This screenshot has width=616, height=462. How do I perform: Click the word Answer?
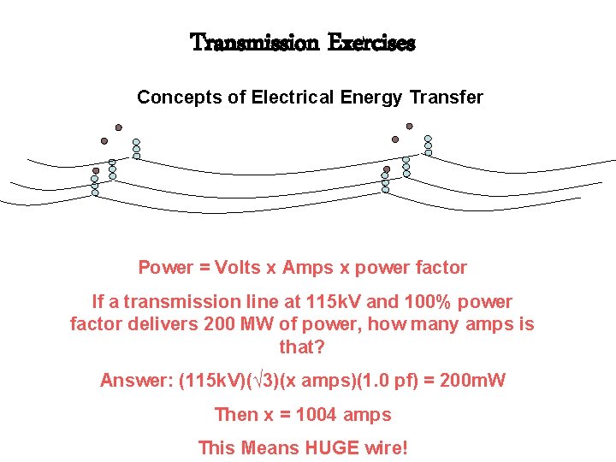pyautogui.click(x=134, y=381)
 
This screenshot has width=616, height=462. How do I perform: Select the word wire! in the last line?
pyautogui.click(x=384, y=447)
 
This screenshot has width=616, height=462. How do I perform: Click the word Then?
pyautogui.click(x=234, y=415)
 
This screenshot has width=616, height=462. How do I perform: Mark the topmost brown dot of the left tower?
pyautogui.click(x=119, y=127)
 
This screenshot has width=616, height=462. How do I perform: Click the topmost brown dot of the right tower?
pyautogui.click(x=409, y=127)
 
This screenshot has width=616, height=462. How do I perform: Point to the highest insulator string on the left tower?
pyautogui.click(x=136, y=149)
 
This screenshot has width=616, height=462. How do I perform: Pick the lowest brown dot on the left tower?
pyautogui.click(x=97, y=170)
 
